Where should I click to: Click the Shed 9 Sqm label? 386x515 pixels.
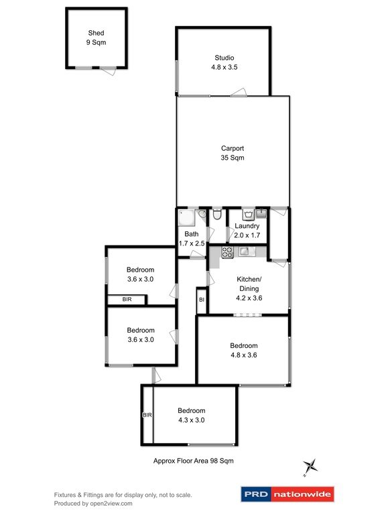pos(96,37)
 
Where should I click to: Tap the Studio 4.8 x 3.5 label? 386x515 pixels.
pos(223,62)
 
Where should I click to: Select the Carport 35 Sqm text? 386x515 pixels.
pos(233,154)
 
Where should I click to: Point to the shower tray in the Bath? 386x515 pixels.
pos(186,217)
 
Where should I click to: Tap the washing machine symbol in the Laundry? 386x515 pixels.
pos(247,215)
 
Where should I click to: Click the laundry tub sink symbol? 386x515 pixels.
pos(261,214)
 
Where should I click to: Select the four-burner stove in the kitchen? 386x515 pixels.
pos(226,252)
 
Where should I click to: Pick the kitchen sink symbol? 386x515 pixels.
pos(246,251)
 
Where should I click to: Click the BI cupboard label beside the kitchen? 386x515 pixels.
pos(201,300)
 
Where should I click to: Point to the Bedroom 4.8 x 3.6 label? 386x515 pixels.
pos(244,351)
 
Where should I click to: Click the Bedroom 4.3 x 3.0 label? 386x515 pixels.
pos(191,415)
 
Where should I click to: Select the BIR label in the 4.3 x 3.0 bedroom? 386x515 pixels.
pos(147,415)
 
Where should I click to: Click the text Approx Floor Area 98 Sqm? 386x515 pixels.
pos(193,461)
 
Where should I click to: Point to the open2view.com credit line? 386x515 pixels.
pos(93,503)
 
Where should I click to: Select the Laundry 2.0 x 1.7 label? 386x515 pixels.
pos(247,231)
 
